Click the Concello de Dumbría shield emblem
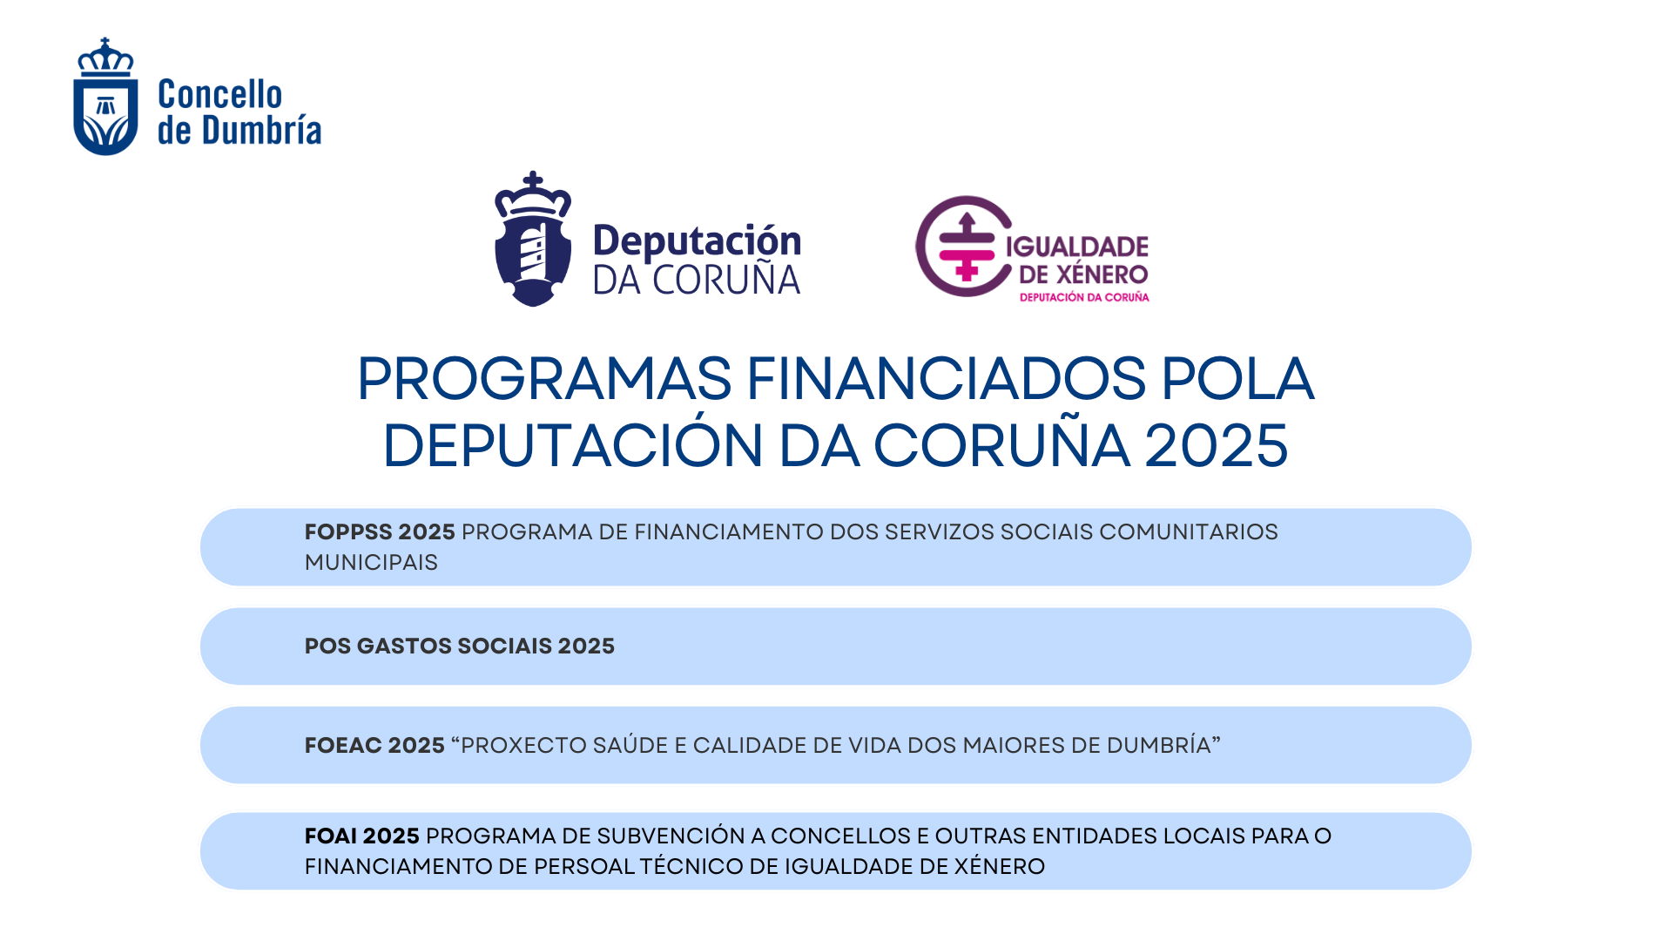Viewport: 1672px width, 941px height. (105, 98)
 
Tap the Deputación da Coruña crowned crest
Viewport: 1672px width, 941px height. (533, 240)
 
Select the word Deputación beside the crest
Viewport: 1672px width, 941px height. (697, 241)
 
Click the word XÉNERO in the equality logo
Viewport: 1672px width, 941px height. (1102, 274)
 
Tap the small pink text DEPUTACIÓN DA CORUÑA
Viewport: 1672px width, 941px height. (1084, 297)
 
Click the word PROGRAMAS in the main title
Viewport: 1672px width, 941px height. (544, 379)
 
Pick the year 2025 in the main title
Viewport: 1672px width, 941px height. (1216, 445)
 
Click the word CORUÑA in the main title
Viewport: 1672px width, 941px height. (1001, 445)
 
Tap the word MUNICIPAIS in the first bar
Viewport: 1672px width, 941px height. (371, 562)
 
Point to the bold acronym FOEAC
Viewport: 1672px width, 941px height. (342, 745)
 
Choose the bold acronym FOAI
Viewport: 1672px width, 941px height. (331, 836)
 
